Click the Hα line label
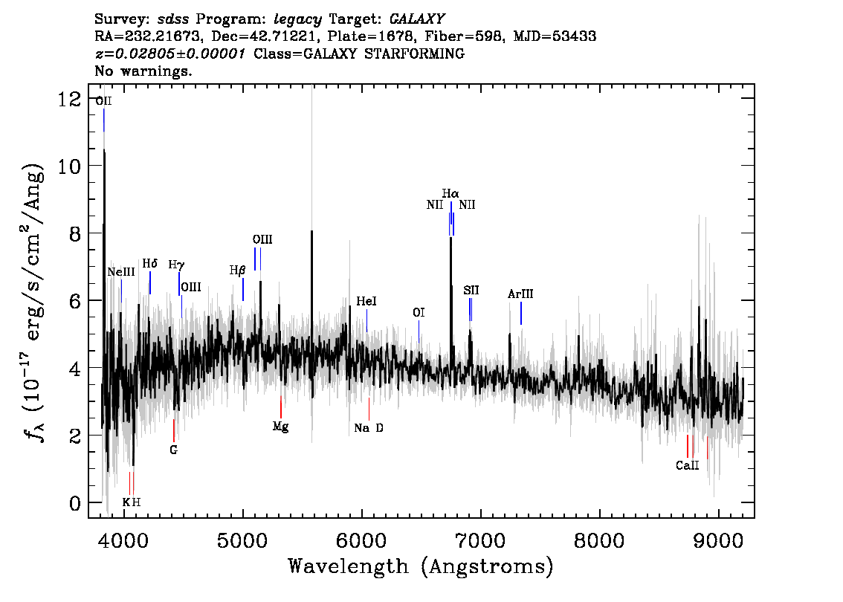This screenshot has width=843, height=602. pos(450,194)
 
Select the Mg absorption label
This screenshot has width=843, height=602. pos(280,427)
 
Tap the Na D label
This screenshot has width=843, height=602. pos(369,428)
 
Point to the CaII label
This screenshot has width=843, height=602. pos(687,466)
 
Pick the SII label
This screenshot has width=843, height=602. pos(471,290)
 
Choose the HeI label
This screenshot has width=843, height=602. pos(366,301)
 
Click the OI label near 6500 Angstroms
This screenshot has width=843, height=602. pos(419,313)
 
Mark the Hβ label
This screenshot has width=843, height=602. pos(237,271)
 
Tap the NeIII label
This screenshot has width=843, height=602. pos(121,272)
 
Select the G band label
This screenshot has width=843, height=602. pos(173,450)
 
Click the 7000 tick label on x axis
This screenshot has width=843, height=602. pos(480,540)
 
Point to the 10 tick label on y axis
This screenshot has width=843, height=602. pos(73,166)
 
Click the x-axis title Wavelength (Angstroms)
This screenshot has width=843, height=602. pos(421,566)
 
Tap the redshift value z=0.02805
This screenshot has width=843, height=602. pos(169,54)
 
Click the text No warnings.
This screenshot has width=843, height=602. pos(143,72)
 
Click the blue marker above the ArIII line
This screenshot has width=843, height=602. pos(520,313)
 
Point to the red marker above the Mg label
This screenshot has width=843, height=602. pos(280,407)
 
